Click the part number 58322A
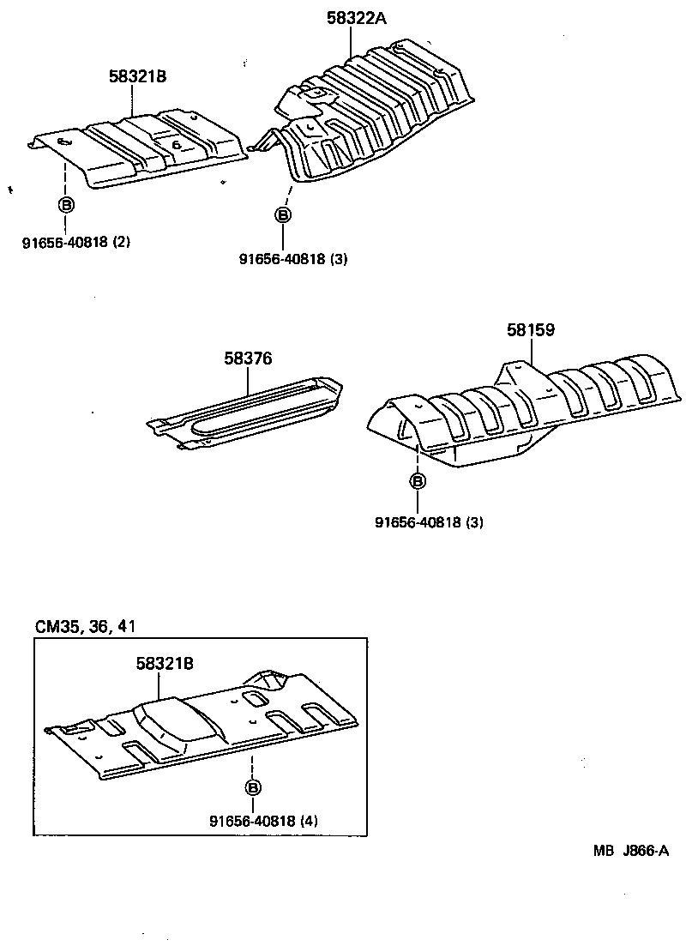coord(356,17)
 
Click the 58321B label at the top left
coord(137,76)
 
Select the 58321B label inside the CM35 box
coord(164,663)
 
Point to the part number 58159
coord(530,329)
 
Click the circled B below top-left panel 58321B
coord(65,204)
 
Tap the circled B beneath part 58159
coord(418,481)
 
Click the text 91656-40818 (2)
coord(76,242)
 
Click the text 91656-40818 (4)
coord(263,821)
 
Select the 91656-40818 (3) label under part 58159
coord(429,521)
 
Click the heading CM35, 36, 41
coord(86,626)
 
